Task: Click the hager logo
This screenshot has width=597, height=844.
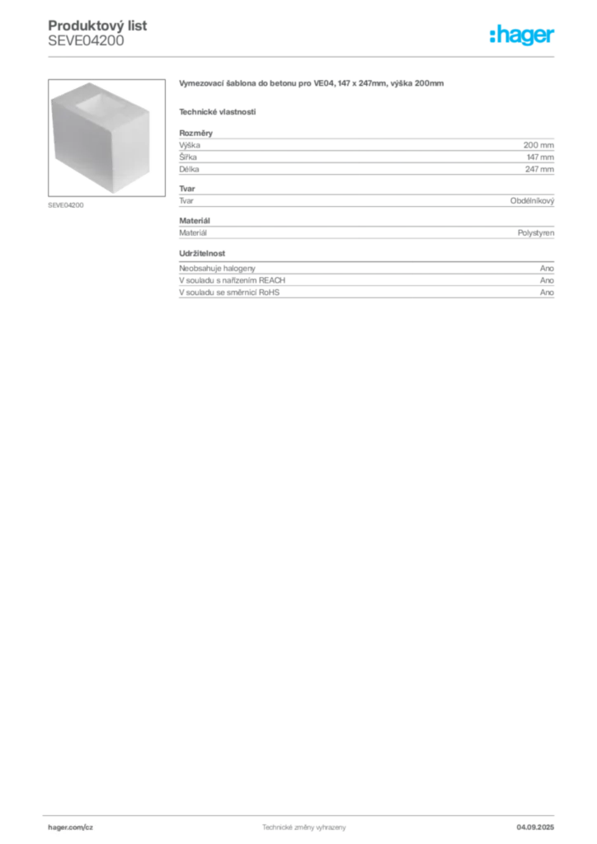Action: pyautogui.click(x=522, y=35)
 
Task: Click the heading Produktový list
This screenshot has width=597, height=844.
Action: pyautogui.click(x=97, y=26)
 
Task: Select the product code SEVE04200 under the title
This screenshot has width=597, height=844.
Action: pyautogui.click(x=86, y=41)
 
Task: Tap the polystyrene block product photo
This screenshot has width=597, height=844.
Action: pyautogui.click(x=106, y=138)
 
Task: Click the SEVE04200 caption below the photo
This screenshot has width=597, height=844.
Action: pyautogui.click(x=66, y=205)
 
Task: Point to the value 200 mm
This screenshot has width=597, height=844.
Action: pyautogui.click(x=538, y=145)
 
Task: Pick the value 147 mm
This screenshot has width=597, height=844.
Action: pyautogui.click(x=540, y=157)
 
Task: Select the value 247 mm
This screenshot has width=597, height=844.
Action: pyautogui.click(x=539, y=169)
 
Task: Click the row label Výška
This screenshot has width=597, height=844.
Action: pyautogui.click(x=190, y=145)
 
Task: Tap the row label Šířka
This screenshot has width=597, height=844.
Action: pyautogui.click(x=188, y=157)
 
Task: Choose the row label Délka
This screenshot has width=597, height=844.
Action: pyautogui.click(x=189, y=169)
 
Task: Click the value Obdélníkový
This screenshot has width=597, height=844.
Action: pyautogui.click(x=532, y=201)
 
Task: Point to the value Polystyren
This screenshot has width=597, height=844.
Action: pyautogui.click(x=536, y=233)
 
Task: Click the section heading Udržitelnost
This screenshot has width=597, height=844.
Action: pyautogui.click(x=202, y=253)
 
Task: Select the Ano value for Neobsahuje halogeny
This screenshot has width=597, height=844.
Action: pyautogui.click(x=547, y=268)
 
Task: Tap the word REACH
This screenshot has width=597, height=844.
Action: pyautogui.click(x=272, y=280)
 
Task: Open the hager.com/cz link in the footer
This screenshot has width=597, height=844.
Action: pyautogui.click(x=71, y=828)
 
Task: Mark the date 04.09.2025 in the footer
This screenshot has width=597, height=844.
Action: pyautogui.click(x=535, y=828)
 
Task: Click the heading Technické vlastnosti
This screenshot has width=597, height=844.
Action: pyautogui.click(x=218, y=112)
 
